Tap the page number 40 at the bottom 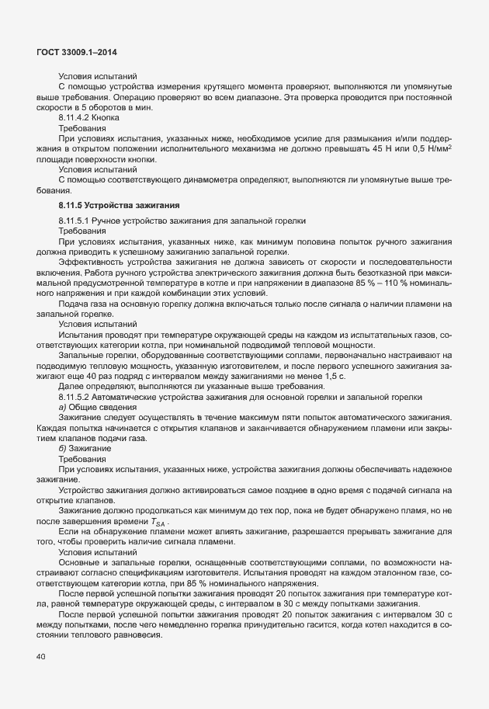40,657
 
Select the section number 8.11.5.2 76,396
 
